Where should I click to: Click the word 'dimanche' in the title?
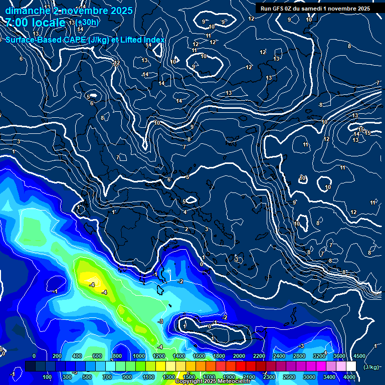(26, 11)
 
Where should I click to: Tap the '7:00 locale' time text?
(35, 23)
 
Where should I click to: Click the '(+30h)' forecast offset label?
(87, 22)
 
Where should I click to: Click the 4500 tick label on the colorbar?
(359, 356)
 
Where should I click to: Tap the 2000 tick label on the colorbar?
(239, 356)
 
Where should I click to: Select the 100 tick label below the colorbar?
(47, 377)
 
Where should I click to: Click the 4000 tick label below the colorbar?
(349, 377)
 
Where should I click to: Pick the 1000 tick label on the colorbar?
(139, 356)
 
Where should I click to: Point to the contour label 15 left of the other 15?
(361, 129)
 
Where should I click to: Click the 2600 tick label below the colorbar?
(289, 377)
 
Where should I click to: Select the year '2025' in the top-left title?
(121, 11)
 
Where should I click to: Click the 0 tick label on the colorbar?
(34, 356)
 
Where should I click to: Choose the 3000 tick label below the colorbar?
(309, 377)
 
